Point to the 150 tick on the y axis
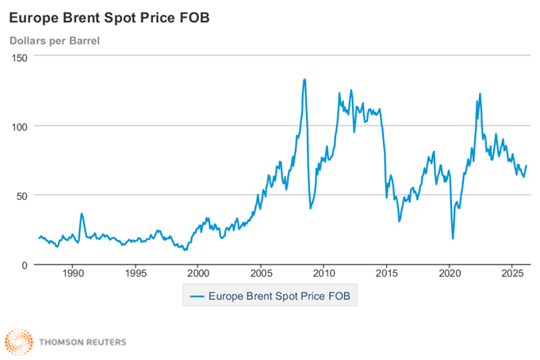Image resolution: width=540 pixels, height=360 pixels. [19, 57]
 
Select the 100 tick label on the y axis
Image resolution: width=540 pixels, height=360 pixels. [19, 126]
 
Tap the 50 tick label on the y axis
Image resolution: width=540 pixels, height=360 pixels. [21, 195]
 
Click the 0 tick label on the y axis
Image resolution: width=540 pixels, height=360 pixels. [24, 265]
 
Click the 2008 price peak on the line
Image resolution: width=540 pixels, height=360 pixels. [305, 79]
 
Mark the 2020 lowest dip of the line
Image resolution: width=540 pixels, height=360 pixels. [453, 239]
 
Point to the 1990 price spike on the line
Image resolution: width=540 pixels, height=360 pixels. [82, 213]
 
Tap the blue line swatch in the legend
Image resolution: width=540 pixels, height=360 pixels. [196, 297]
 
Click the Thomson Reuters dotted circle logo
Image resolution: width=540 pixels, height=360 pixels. [18, 343]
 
